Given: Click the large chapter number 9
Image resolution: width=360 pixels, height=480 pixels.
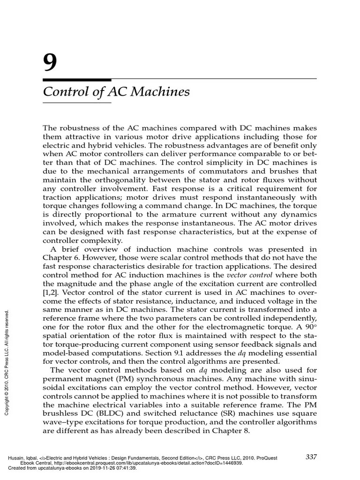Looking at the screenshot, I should point(50,62).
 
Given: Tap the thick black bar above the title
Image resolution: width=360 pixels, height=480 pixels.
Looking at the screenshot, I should point(77,80).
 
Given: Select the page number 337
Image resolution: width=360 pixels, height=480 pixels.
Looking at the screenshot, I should point(312,457).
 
